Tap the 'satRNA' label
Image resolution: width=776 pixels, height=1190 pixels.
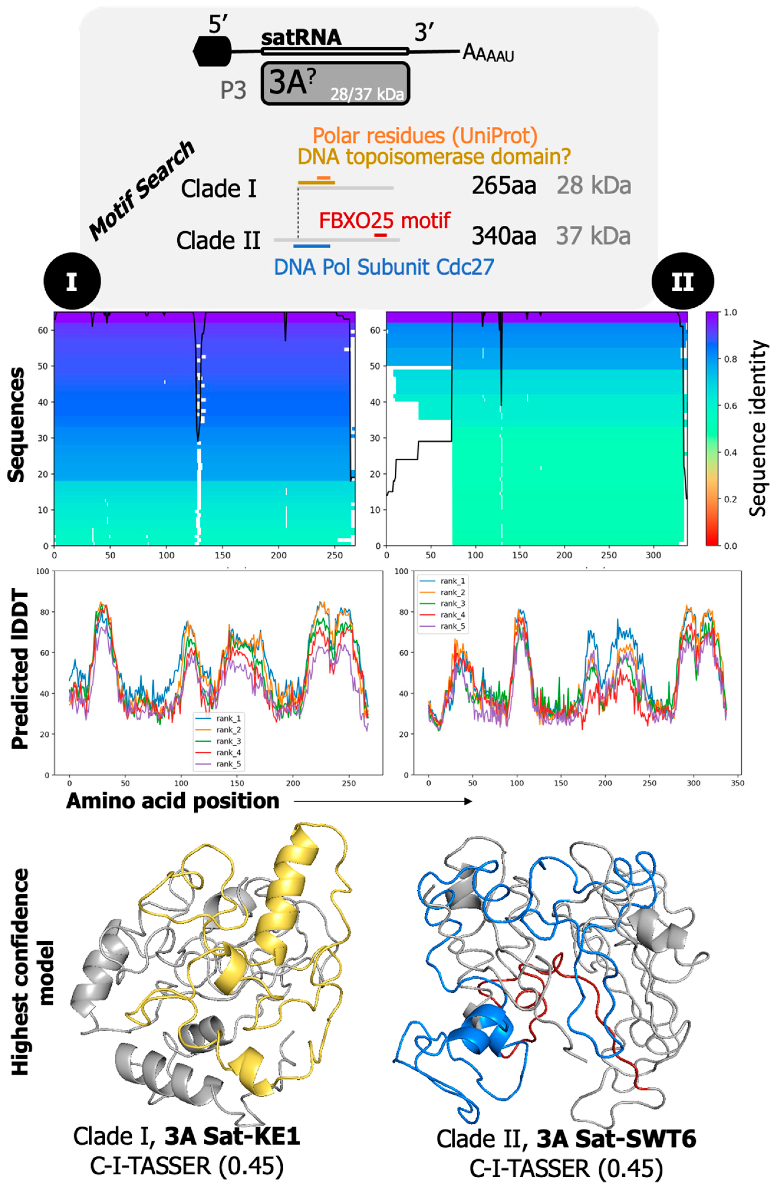click(301, 37)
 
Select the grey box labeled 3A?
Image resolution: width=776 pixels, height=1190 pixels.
click(335, 83)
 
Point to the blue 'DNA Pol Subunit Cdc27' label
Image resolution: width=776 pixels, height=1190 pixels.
click(383, 267)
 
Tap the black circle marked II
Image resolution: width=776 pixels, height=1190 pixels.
click(683, 282)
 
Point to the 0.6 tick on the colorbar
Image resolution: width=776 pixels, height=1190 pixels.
click(731, 406)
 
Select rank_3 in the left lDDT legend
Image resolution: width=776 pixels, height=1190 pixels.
click(228, 741)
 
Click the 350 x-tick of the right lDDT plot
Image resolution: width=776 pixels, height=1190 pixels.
click(737, 783)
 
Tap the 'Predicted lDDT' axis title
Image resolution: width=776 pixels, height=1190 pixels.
click(20, 670)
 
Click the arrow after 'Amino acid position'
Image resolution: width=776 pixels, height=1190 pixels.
click(383, 801)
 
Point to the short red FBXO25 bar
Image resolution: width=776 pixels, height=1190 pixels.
click(380, 235)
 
